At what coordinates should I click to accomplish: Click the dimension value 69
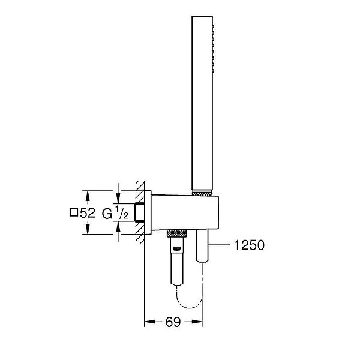(173, 322)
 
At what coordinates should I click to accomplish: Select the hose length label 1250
(249, 245)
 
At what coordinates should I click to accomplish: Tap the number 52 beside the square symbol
(88, 213)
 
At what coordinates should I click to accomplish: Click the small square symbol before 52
(74, 212)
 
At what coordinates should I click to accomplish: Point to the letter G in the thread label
(107, 214)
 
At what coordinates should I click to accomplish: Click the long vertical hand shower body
(202, 103)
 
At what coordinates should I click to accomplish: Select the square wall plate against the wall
(148, 212)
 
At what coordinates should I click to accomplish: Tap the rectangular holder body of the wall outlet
(185, 212)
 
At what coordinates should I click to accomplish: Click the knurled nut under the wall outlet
(177, 233)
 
